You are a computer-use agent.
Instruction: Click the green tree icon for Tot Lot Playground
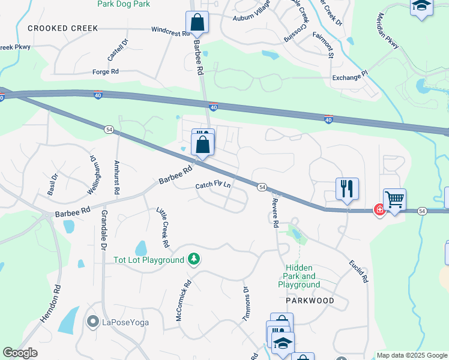193,259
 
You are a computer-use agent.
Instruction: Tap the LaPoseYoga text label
125,322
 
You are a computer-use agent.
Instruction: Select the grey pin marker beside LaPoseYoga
92,322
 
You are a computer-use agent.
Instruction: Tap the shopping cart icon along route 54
394,199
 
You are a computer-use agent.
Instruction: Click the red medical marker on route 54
379,209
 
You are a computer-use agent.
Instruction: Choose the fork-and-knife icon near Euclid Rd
347,188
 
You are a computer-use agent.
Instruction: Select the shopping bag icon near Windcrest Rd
197,23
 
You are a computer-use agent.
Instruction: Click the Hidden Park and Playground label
299,276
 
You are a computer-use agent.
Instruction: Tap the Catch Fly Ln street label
213,186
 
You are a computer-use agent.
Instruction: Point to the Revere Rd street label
276,212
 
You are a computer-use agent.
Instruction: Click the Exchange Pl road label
349,77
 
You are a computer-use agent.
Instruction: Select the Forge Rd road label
105,71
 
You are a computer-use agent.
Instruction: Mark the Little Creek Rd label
163,228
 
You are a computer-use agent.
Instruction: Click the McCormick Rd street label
183,301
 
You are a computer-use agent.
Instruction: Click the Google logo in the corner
20,353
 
